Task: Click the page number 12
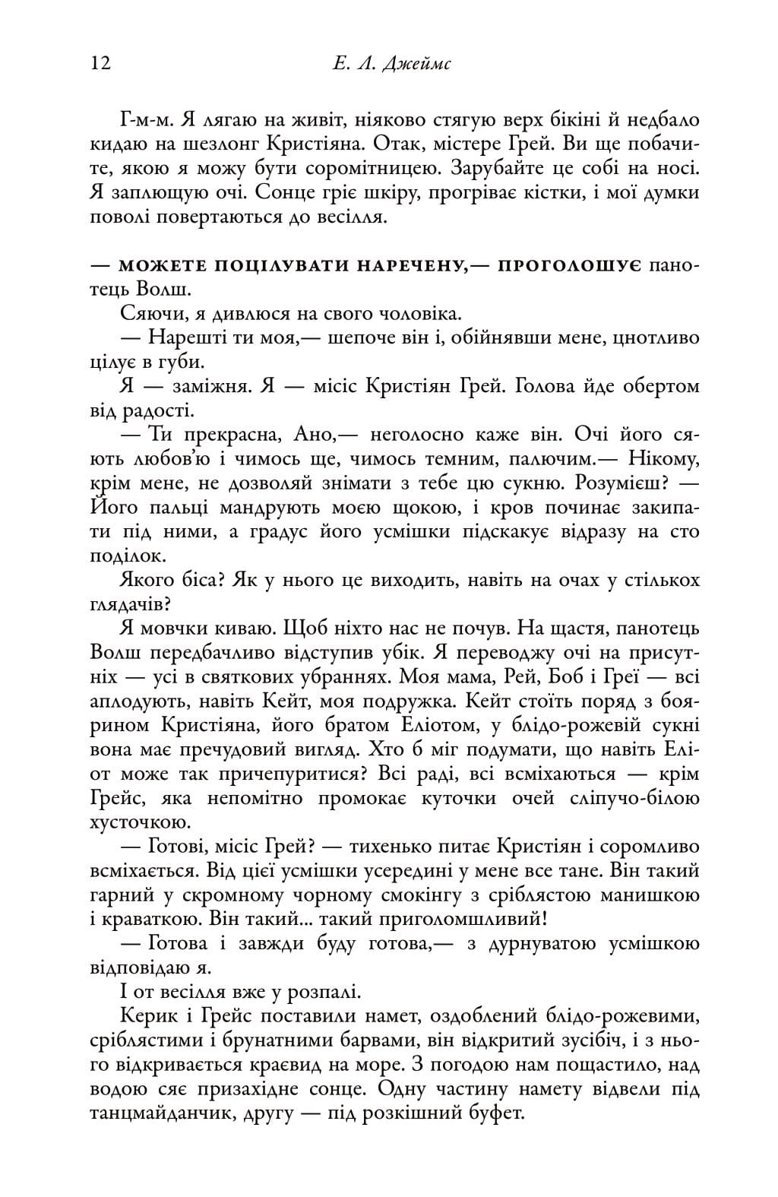(100, 62)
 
